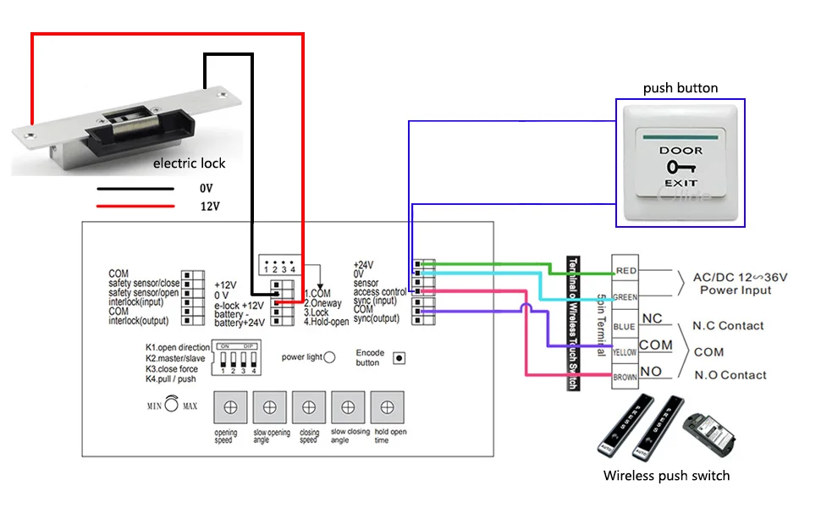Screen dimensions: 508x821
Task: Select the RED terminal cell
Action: click(625, 271)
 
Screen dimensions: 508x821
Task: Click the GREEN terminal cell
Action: click(625, 297)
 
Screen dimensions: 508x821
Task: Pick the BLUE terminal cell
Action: click(625, 325)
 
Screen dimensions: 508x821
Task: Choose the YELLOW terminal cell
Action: click(625, 351)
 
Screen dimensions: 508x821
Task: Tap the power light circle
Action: click(330, 357)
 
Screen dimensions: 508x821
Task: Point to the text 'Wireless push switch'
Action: click(666, 475)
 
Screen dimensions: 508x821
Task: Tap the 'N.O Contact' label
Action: click(730, 375)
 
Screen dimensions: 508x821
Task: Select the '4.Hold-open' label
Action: click(327, 322)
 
